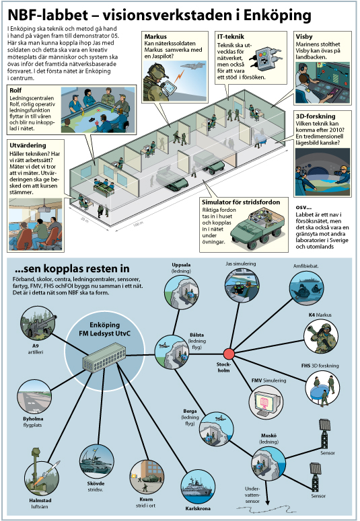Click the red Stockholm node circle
coord(229,354)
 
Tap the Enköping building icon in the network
coord(104,358)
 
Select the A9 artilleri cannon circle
coord(38,323)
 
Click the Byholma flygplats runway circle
coord(34,397)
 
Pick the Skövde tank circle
coord(96,461)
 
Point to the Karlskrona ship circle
coord(199,487)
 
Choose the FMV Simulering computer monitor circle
coord(266,402)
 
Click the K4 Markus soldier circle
coord(321,336)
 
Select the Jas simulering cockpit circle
coord(242,285)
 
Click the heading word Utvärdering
coord(28,145)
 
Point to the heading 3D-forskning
coord(316,116)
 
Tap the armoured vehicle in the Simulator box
coord(258,229)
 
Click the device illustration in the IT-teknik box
coord(267,56)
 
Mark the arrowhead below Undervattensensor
coord(267,502)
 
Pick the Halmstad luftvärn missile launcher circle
coord(42,479)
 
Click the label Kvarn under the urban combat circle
coord(146,499)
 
